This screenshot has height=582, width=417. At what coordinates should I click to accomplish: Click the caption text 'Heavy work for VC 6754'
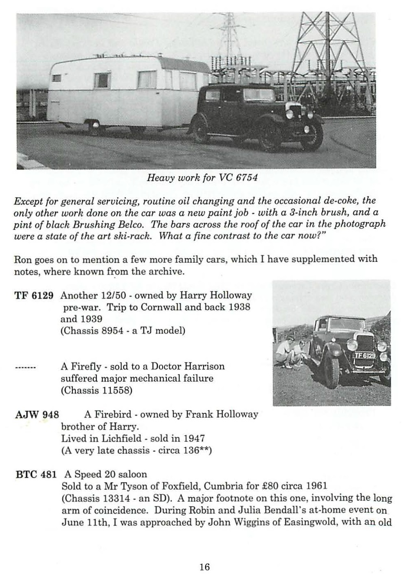tap(202, 178)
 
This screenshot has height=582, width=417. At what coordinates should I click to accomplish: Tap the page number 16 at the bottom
tap(204, 567)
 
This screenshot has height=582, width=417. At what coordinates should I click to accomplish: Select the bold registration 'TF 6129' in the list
tap(34, 296)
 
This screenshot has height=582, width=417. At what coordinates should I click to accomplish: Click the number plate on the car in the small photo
tap(364, 356)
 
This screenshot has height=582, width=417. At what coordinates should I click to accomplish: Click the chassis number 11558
tap(117, 390)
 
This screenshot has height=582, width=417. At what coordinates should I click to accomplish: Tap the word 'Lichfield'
tap(119, 438)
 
